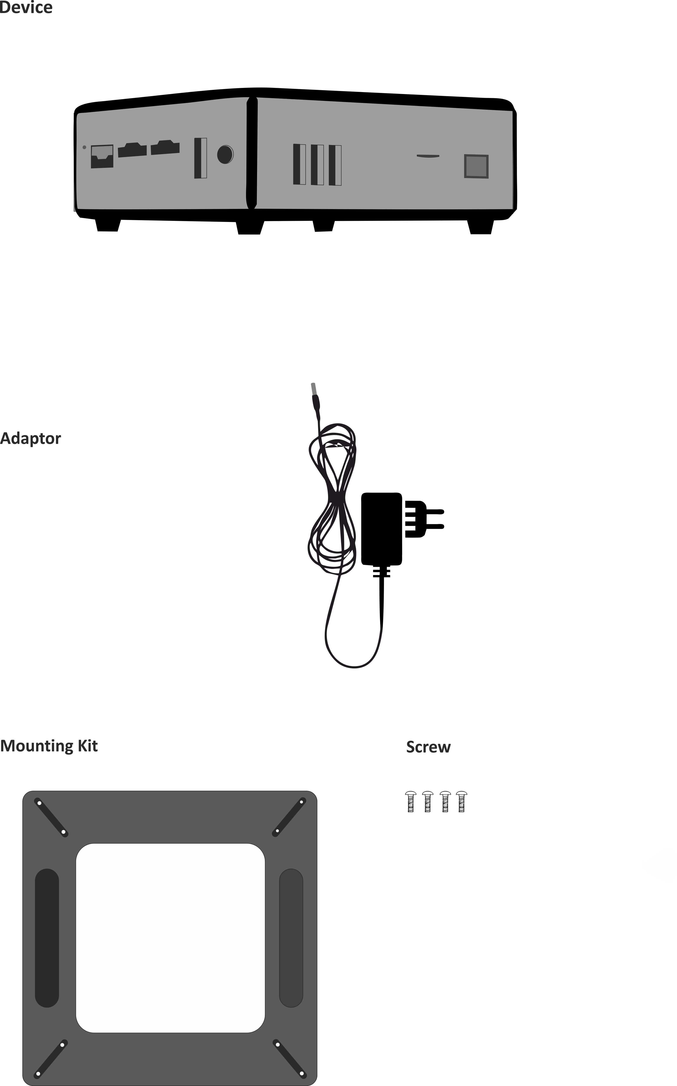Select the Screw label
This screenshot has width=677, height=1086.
coord(428,747)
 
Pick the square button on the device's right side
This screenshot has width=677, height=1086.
coord(476,166)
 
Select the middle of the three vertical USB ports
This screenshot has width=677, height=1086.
coord(317,164)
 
